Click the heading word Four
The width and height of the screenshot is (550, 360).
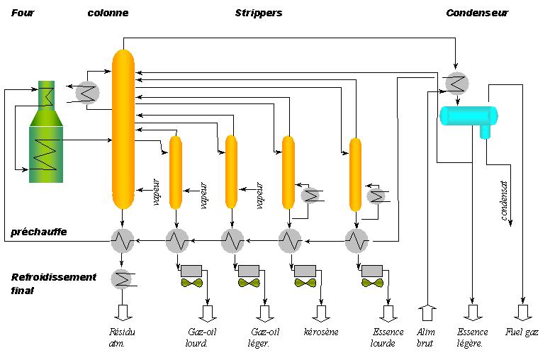[23, 13]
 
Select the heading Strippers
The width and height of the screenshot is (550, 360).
[258, 13]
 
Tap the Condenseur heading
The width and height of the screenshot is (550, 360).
[476, 13]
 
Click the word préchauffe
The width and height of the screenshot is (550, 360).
[39, 232]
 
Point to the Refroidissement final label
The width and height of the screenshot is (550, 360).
[53, 283]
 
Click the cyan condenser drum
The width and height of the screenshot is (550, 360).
[468, 116]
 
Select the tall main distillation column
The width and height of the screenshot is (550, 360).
[123, 124]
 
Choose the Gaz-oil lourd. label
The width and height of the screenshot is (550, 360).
[198, 337]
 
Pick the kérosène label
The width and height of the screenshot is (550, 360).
[321, 332]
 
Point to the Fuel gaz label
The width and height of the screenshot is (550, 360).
[522, 332]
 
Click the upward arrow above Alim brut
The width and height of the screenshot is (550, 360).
[427, 312]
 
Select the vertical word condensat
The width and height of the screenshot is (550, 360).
[505, 201]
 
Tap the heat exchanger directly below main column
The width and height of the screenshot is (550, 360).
[123, 241]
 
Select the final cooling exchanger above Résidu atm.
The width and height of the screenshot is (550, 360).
[122, 279]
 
